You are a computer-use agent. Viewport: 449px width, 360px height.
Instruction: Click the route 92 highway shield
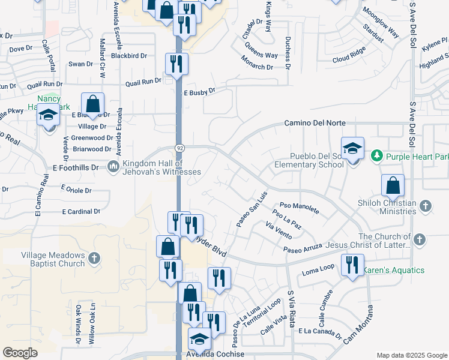[179, 148]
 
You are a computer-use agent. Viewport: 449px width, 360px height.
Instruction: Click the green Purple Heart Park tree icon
[377, 157]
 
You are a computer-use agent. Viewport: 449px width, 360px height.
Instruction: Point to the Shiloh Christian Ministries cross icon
[425, 206]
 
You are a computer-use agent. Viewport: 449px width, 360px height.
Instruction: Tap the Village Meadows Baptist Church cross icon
[93, 259]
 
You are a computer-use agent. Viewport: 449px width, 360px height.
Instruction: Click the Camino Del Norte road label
[315, 123]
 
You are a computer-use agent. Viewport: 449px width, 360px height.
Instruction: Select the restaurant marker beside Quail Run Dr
[176, 65]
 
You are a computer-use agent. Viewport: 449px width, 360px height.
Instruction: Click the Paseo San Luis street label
[251, 209]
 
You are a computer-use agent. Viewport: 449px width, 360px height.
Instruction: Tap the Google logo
[20, 352]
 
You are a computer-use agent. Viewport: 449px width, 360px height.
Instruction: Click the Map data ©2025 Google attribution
[411, 355]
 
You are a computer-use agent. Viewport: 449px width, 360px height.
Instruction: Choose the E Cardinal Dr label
[81, 212]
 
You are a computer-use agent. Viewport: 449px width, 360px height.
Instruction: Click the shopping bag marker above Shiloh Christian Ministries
[393, 186]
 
